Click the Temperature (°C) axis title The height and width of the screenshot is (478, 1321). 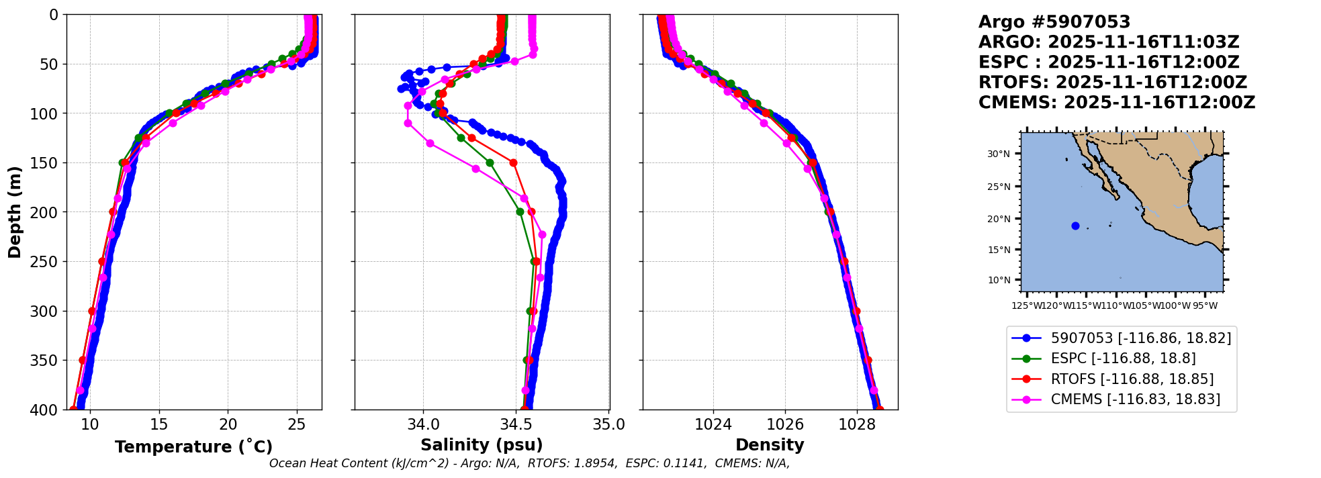193,446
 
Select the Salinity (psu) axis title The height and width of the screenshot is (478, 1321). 482,445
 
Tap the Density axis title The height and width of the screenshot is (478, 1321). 770,445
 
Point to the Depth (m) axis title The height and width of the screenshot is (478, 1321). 15,211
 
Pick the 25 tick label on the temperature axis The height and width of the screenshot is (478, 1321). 296,424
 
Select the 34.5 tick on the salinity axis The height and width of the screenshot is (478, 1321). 516,424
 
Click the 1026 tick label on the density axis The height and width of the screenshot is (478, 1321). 785,424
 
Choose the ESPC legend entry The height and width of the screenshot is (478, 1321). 1123,358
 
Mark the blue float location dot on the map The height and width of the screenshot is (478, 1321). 1075,226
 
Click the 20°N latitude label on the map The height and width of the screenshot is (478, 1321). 998,219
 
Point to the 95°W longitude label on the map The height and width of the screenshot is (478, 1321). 1205,306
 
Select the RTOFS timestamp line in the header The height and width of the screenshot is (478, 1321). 1112,83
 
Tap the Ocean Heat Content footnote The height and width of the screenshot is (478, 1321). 529,463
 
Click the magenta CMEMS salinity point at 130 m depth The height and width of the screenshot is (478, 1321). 430,143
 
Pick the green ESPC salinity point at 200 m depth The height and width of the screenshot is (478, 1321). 520,212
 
